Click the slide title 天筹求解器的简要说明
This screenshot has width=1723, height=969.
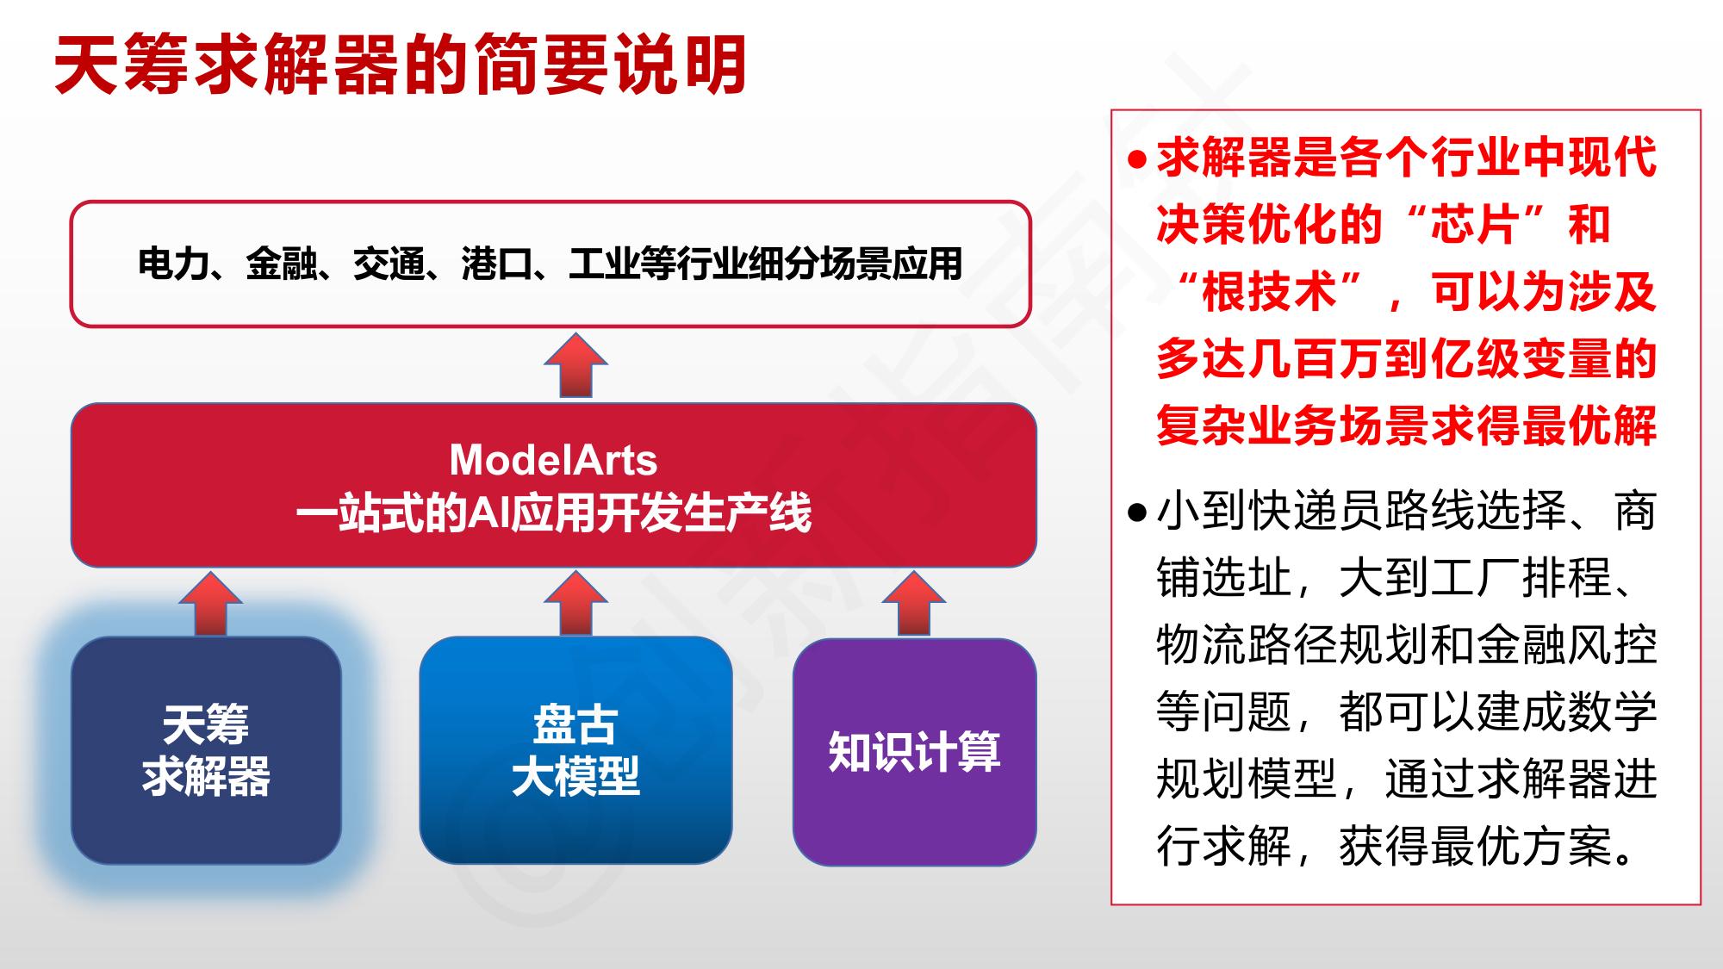coord(400,65)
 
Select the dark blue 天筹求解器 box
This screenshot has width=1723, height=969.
coord(206,750)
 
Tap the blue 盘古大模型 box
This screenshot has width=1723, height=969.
coord(575,750)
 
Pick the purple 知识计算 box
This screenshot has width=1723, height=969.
coord(914,751)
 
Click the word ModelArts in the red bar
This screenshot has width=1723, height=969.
coord(553,460)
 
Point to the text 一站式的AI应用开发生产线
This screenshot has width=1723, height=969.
coord(553,513)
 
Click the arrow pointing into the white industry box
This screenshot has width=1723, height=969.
coord(575,365)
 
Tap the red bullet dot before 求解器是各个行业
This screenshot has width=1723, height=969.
coord(1137,160)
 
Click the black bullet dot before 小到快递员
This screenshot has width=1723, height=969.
coord(1137,513)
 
